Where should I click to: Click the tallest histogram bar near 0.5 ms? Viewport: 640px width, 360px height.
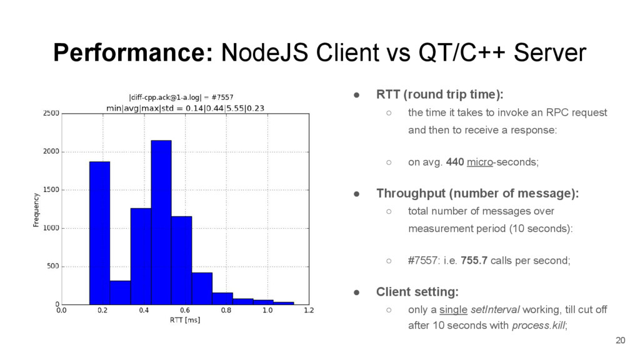pyautogui.click(x=161, y=222)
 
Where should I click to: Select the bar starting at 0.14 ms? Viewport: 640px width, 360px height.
pyautogui.click(x=99, y=233)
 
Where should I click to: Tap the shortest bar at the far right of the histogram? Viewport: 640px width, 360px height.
pyautogui.click(x=284, y=303)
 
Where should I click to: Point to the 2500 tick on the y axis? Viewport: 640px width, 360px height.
pyautogui.click(x=51, y=113)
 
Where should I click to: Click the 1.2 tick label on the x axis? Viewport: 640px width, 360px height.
pyautogui.click(x=309, y=310)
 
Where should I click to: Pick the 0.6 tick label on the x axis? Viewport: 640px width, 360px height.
pyautogui.click(x=185, y=310)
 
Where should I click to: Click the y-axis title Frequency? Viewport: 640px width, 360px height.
pyautogui.click(x=36, y=210)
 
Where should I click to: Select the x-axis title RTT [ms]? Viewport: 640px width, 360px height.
pyautogui.click(x=185, y=320)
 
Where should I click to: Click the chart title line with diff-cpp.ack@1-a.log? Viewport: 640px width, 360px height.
pyautogui.click(x=181, y=97)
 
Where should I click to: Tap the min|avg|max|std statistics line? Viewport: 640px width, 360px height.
pyautogui.click(x=185, y=108)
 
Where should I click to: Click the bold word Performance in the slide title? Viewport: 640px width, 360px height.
pyautogui.click(x=133, y=52)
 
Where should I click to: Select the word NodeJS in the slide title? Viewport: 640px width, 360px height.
pyautogui.click(x=264, y=52)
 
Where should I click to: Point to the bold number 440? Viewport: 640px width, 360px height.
pyautogui.click(x=455, y=162)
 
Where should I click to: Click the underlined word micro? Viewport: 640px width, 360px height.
pyautogui.click(x=480, y=162)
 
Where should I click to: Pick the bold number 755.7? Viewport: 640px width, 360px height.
pyautogui.click(x=474, y=261)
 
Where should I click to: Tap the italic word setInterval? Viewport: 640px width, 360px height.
pyautogui.click(x=495, y=309)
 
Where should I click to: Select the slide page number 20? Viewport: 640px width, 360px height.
pyautogui.click(x=621, y=341)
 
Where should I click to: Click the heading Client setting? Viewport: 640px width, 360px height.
pyautogui.click(x=417, y=292)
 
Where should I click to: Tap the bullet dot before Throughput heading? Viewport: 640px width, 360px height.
pyautogui.click(x=357, y=194)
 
